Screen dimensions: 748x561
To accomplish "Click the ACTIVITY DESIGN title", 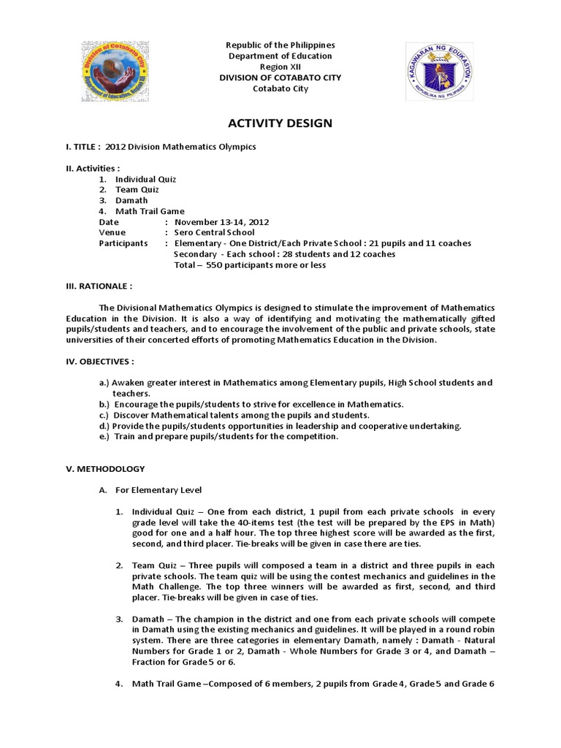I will [x=280, y=123].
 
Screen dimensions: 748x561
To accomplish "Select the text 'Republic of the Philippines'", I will [x=280, y=45].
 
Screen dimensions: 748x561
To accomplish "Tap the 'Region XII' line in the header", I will [x=280, y=66].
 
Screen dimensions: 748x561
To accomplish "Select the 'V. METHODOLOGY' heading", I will [x=105, y=468].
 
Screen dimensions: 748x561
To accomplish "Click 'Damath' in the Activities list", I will [x=132, y=200].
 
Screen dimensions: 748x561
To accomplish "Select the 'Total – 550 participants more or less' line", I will [x=250, y=265].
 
